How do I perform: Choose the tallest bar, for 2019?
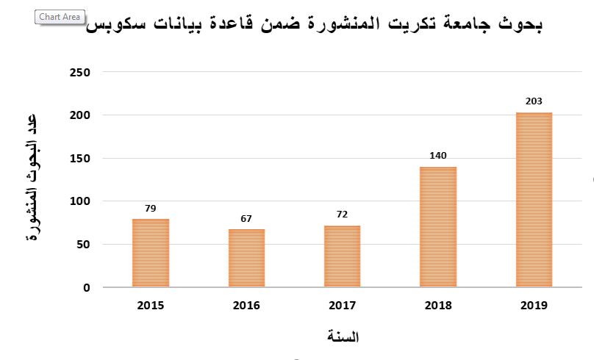click(534, 199)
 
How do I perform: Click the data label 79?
click(151, 209)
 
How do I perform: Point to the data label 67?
click(246, 219)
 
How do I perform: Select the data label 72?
click(342, 215)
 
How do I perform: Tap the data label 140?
click(438, 156)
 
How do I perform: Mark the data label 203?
click(534, 101)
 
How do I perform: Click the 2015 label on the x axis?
click(151, 306)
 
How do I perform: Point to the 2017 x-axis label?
click(342, 306)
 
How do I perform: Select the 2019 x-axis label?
click(534, 306)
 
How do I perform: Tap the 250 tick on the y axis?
click(81, 72)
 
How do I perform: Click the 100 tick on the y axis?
click(81, 201)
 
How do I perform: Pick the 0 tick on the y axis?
click(87, 288)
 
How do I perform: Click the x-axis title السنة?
click(342, 337)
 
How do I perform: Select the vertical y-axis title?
click(32, 180)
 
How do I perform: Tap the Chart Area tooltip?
click(60, 17)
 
